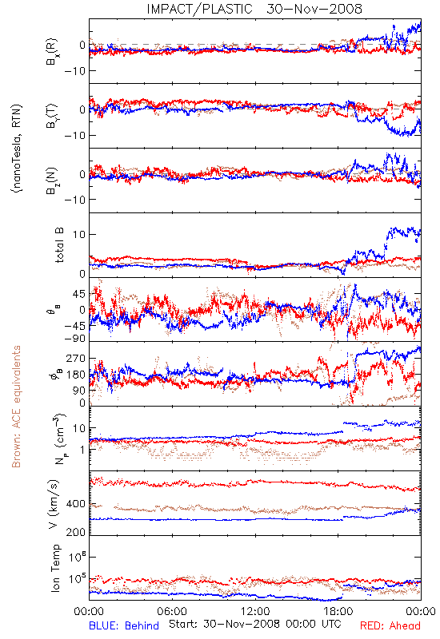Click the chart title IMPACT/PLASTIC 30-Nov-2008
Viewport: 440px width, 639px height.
coord(254,9)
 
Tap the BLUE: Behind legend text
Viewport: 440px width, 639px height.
coord(124,625)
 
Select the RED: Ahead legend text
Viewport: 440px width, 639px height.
coord(390,625)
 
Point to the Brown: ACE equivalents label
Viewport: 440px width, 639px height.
coord(16,407)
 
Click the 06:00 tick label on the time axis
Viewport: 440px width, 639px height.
coord(172,611)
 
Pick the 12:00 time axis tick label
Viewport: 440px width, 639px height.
coord(255,611)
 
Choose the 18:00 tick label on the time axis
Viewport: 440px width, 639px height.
coord(338,611)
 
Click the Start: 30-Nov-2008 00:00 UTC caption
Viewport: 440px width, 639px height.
coord(255,624)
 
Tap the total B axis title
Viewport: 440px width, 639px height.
coord(59,245)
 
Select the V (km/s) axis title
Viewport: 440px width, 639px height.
coord(54,504)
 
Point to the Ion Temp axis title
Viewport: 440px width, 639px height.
coord(55,568)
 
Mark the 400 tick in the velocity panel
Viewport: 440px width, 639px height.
coord(76,504)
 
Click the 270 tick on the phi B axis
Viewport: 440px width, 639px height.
coord(76,358)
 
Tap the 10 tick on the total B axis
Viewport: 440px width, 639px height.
coord(79,235)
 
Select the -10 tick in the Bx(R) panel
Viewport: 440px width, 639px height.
coord(74,71)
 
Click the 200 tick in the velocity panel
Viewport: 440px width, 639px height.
coord(76,532)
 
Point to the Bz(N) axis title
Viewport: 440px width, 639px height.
coord(52,181)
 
